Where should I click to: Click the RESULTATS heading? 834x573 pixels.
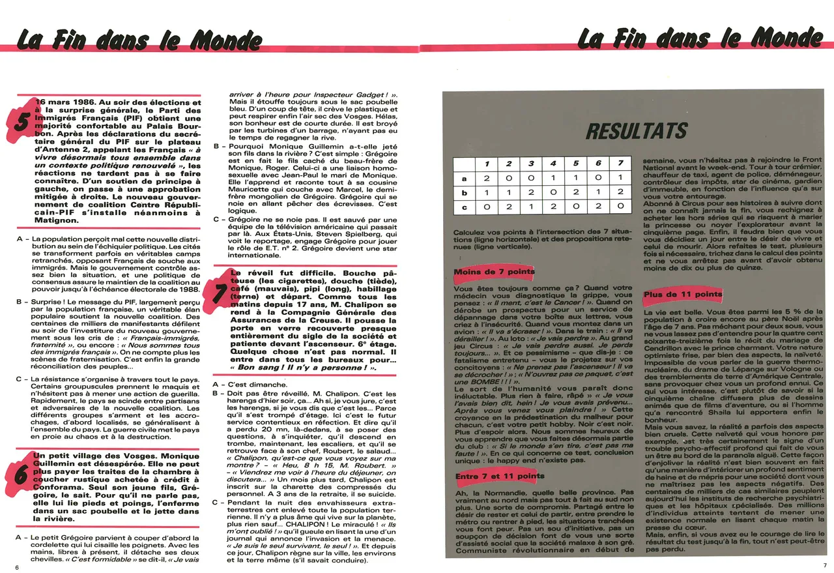[636, 131]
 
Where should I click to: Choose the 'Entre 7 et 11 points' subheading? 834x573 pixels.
[500, 477]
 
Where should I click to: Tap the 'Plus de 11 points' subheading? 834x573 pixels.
[683, 295]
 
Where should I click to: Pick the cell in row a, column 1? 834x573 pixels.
[486, 178]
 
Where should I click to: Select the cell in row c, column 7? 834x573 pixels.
[620, 207]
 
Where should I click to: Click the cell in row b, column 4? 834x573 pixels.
[553, 192]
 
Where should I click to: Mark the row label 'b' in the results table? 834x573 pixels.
[464, 192]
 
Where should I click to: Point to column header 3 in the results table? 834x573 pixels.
[531, 164]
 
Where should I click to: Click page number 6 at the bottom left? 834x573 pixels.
[17, 567]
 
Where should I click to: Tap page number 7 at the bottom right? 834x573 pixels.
[824, 566]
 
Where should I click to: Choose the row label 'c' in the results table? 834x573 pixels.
[464, 207]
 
